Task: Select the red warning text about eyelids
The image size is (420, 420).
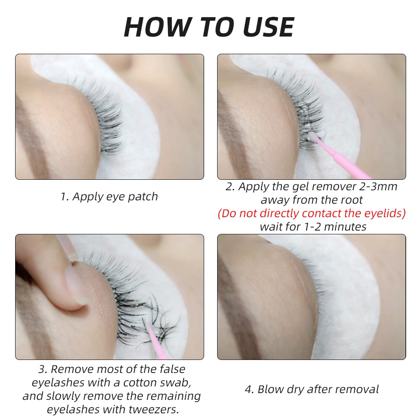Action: tap(312, 213)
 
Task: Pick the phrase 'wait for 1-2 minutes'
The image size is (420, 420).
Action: tap(313, 227)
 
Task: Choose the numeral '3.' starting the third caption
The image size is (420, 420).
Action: tap(43, 370)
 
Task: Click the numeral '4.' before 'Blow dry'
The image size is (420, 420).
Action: tap(249, 389)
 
